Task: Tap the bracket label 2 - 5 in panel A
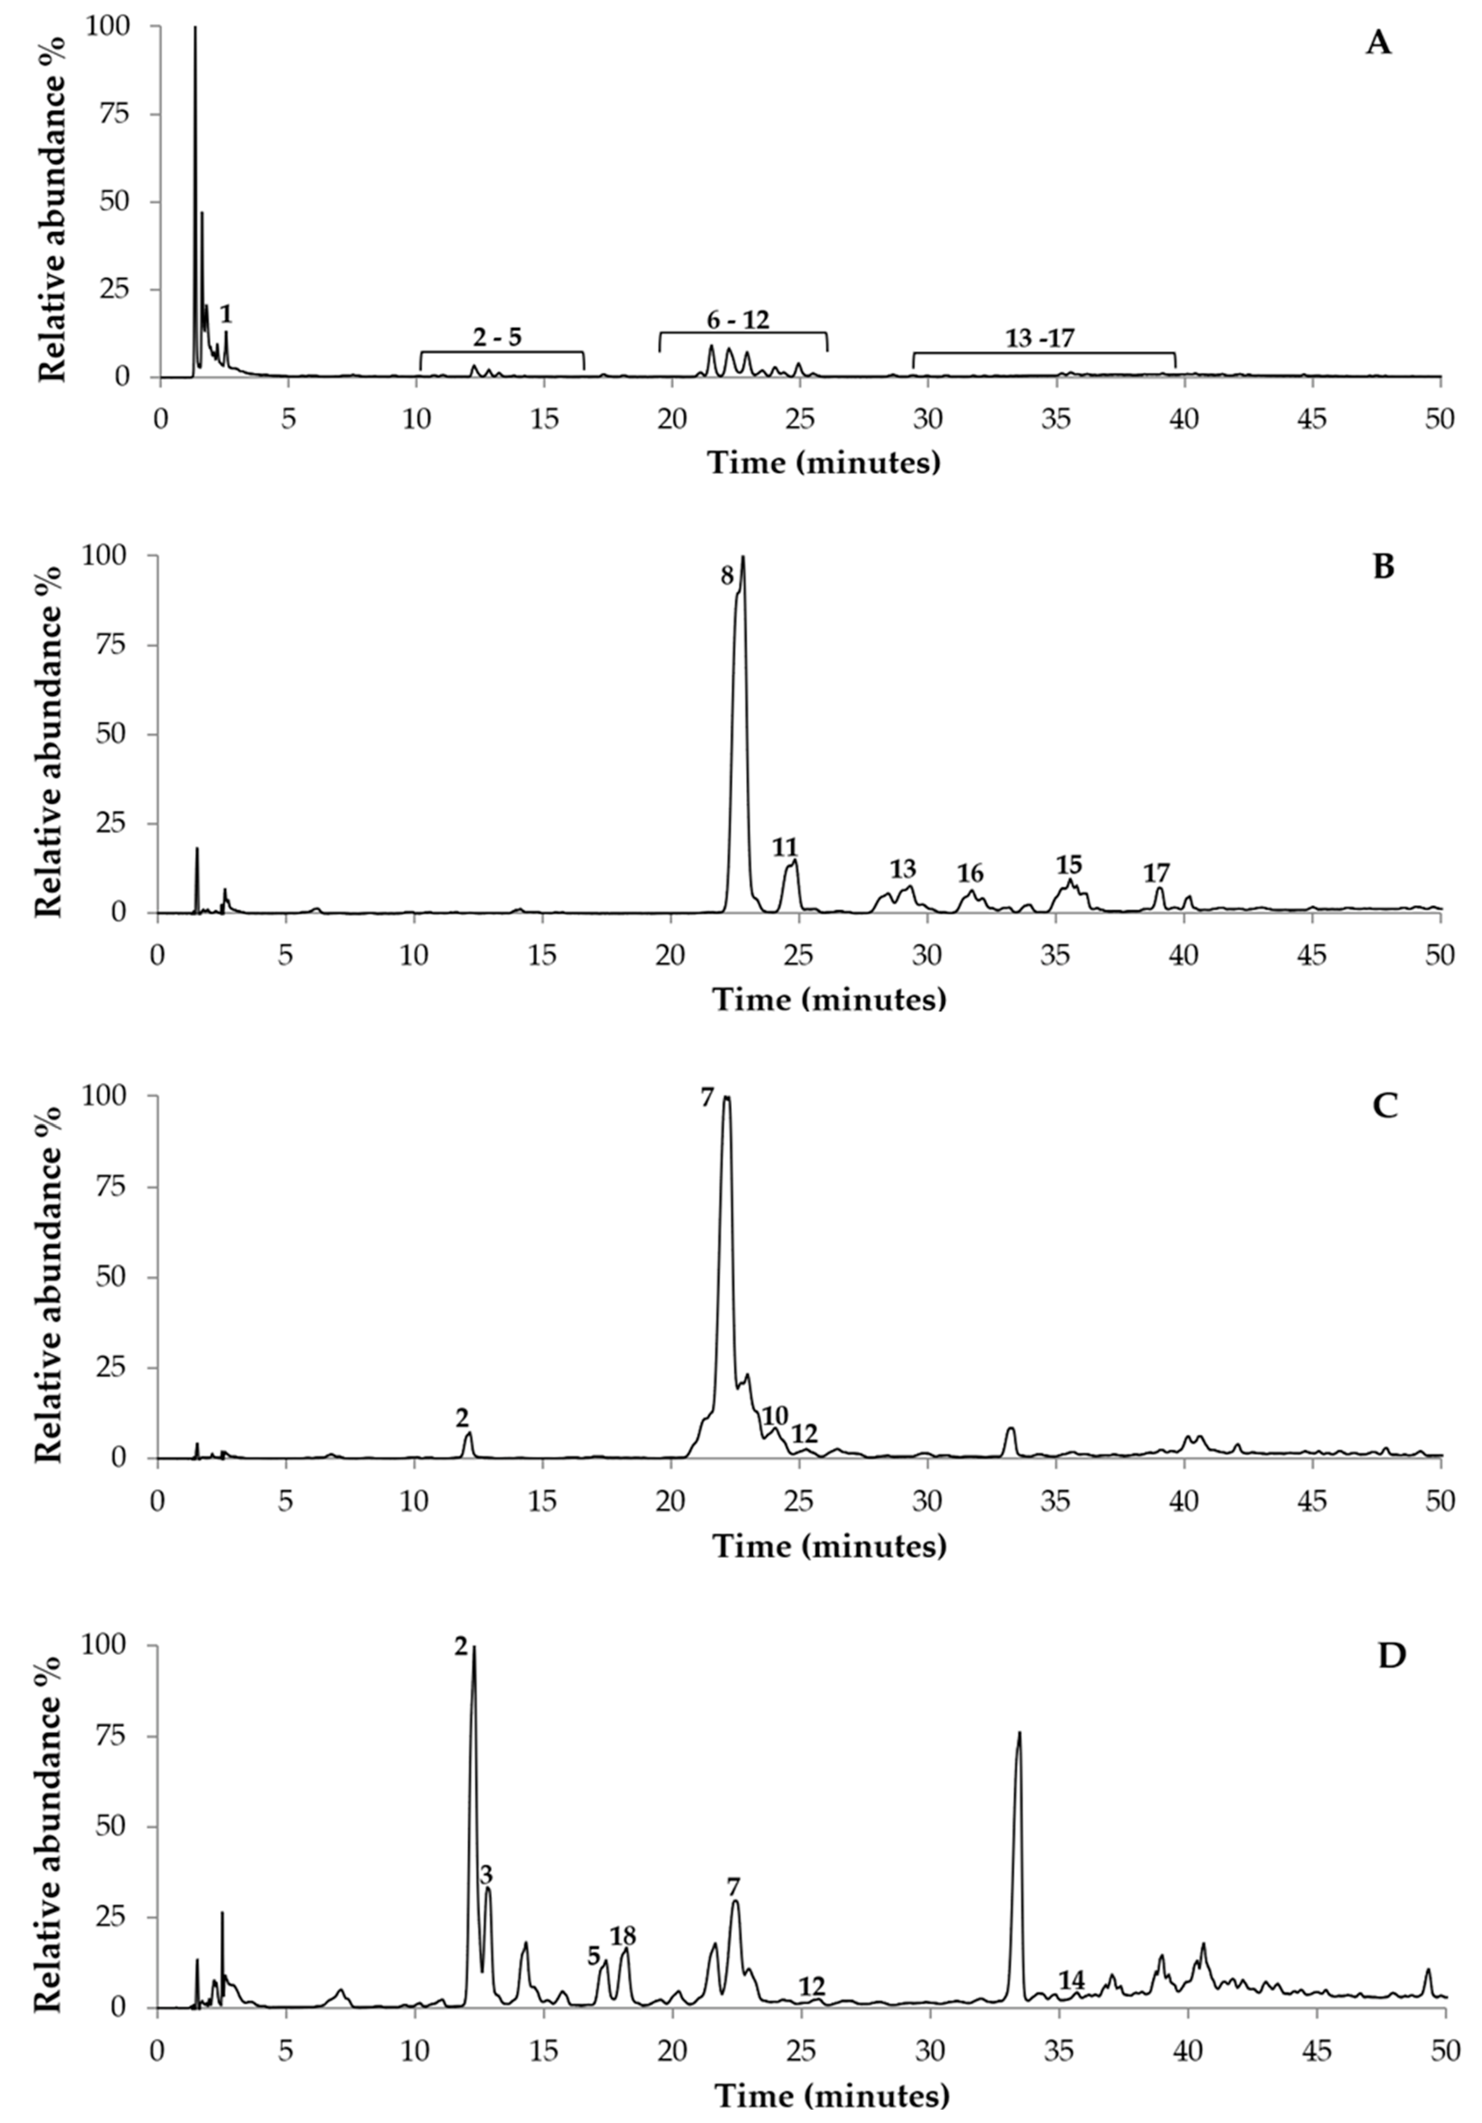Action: click(497, 338)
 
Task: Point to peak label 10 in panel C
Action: click(775, 1416)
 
